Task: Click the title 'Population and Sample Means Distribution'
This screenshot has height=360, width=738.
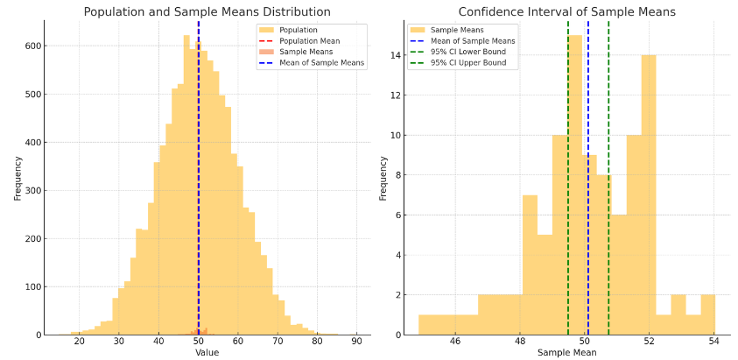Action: click(x=207, y=12)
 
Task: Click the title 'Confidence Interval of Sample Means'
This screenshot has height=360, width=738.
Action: click(x=566, y=12)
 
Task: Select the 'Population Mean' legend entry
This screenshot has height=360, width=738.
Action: click(x=309, y=41)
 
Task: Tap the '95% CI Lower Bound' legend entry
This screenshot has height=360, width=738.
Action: click(x=468, y=52)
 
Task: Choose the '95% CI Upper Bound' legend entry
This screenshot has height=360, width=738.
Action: click(x=468, y=63)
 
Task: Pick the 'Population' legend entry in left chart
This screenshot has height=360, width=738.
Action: click(x=298, y=30)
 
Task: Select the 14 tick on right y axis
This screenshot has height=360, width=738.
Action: click(x=396, y=56)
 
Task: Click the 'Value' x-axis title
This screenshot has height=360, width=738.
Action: click(x=207, y=353)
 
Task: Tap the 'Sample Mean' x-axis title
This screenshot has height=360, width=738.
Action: click(x=566, y=353)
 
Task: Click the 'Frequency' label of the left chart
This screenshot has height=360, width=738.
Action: click(x=17, y=178)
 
